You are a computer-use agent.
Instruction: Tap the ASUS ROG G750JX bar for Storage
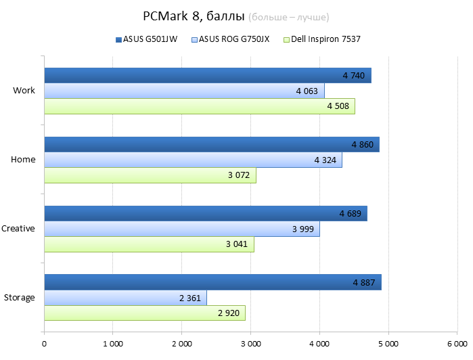click(x=125, y=297)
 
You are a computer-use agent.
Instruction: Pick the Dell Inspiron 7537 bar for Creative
click(x=149, y=244)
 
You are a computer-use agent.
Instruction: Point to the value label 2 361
click(x=190, y=298)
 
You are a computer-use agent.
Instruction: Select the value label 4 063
click(x=307, y=91)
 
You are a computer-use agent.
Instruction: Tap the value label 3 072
click(x=238, y=175)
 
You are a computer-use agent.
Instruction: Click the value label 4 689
click(x=351, y=213)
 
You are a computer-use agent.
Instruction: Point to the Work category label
click(x=24, y=91)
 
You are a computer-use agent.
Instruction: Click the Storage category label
click(x=20, y=298)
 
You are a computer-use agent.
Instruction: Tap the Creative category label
click(x=18, y=229)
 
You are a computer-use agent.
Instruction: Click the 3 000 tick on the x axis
click(x=250, y=344)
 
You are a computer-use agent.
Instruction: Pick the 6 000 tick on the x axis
click(x=457, y=344)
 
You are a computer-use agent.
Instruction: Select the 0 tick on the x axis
click(x=45, y=344)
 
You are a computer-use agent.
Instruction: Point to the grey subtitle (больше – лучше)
click(x=293, y=17)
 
